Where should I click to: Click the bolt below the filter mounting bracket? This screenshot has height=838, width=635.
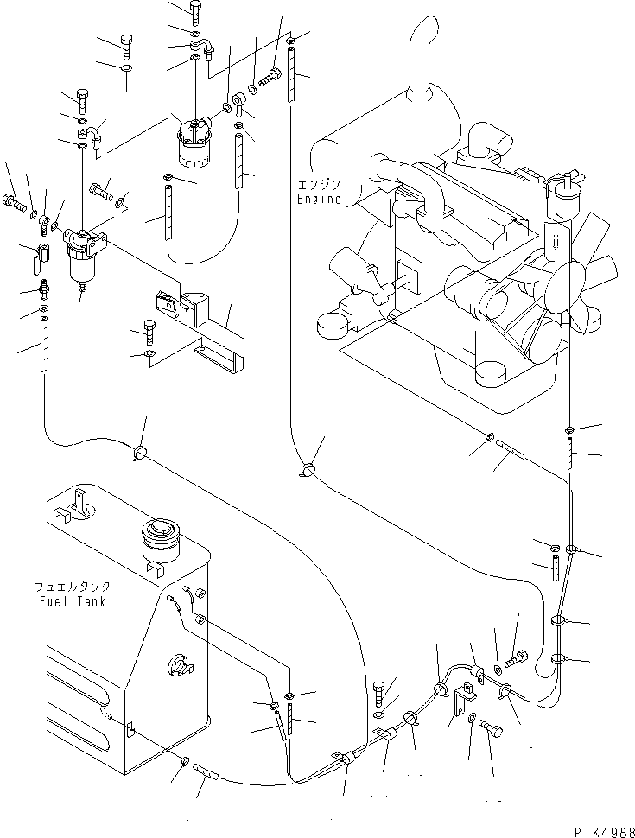(147, 332)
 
